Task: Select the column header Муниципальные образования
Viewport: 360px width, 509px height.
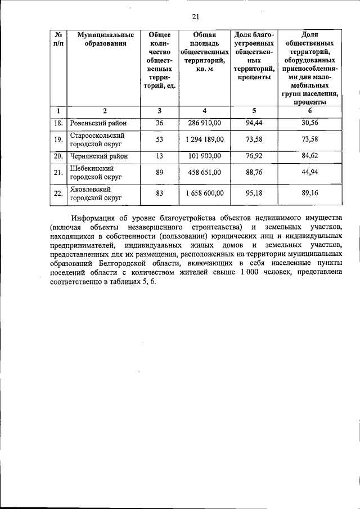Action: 102,39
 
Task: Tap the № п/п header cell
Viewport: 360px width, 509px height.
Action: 58,39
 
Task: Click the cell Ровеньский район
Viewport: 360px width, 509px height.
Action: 98,123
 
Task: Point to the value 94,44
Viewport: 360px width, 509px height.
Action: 254,123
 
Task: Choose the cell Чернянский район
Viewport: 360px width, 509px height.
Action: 100,156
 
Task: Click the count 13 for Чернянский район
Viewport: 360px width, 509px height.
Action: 159,156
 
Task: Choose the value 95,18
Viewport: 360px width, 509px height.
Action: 254,193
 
